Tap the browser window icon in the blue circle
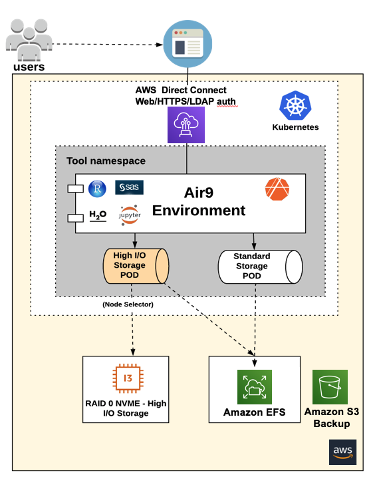point(187,44)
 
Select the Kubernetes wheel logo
point(295,107)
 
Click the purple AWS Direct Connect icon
point(187,125)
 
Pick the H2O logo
point(97,216)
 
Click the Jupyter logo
point(129,215)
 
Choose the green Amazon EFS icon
point(255,387)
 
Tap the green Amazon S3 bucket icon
point(330,387)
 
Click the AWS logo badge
point(342,452)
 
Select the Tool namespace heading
point(106,161)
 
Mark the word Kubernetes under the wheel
point(295,127)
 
